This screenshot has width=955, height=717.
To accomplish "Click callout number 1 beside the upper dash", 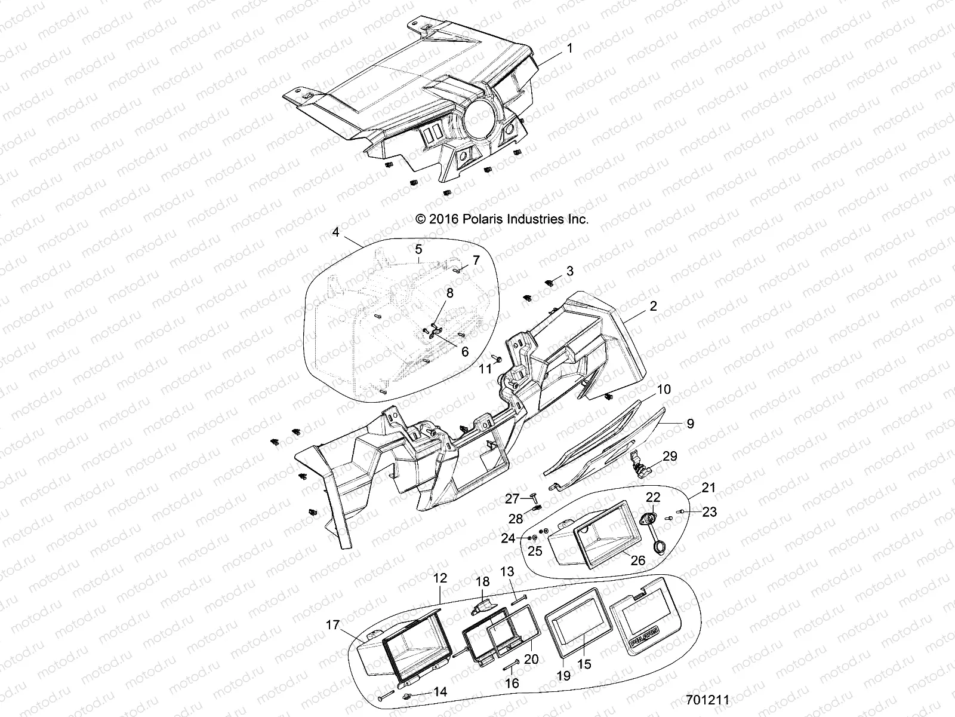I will coord(569,48).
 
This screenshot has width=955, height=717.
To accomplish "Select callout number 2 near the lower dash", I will coord(653,306).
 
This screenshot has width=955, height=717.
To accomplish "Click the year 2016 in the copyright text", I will coord(442,219).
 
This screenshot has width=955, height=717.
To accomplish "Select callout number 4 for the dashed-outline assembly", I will coord(336,232).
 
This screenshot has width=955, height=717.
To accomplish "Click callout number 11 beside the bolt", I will coord(485,370).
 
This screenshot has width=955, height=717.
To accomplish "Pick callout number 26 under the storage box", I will coord(637,560).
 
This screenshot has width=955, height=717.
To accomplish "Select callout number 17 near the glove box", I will coord(332,625).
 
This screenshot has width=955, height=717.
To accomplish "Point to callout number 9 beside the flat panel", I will coord(689,424).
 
